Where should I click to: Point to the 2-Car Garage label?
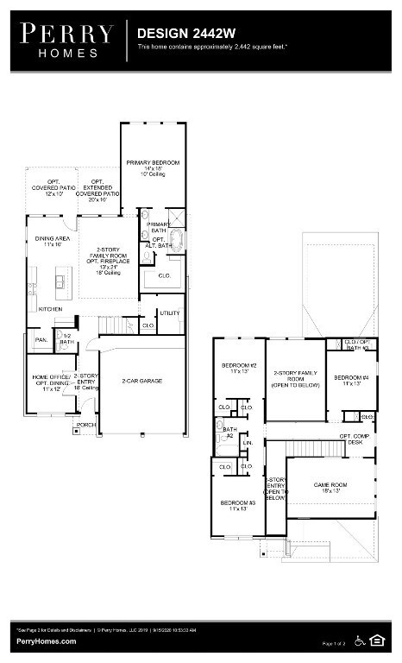pos(141,381)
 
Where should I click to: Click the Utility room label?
pos(169,313)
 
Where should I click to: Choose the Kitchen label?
pos(49,308)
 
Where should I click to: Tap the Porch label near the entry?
pos(85,425)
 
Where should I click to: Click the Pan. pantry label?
pos(40,340)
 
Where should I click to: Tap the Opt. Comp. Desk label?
pos(355,439)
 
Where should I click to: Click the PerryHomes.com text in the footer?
pos(45,641)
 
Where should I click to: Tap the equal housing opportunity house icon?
pos(376,640)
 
